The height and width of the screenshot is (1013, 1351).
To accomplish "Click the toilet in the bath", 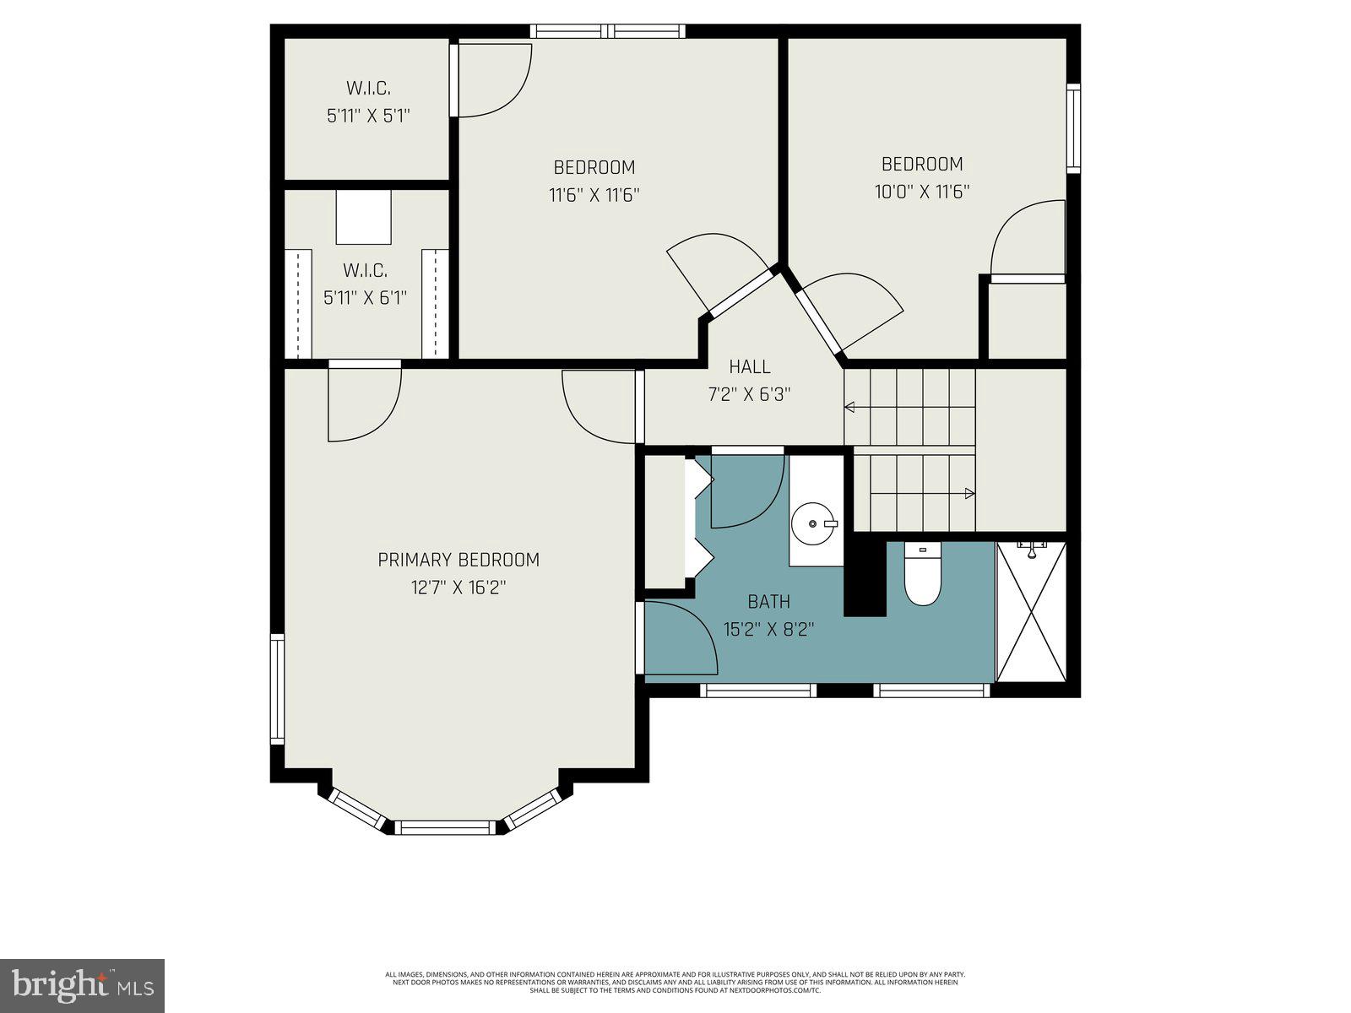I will (922, 576).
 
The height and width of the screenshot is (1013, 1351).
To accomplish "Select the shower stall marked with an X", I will (1031, 612).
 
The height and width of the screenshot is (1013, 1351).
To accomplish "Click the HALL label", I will (750, 366).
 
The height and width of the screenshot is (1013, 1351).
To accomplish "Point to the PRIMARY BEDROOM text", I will (458, 560).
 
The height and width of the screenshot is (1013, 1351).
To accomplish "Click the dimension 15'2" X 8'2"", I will (768, 630).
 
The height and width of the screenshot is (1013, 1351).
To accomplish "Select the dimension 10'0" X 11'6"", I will (921, 192).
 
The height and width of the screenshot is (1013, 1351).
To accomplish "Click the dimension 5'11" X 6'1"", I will (365, 298).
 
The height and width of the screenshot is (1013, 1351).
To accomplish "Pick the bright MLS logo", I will (82, 985).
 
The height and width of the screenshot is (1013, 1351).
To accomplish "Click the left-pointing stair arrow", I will (849, 408).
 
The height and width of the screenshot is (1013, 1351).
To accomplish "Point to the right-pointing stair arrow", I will (969, 493).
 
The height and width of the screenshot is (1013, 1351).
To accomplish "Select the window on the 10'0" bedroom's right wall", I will (1073, 128).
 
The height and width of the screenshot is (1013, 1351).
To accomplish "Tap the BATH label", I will (768, 602).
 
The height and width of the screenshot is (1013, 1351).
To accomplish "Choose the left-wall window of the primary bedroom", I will (277, 689).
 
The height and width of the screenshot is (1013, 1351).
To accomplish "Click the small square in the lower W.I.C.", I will (364, 217).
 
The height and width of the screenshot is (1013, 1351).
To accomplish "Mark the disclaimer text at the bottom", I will (675, 982).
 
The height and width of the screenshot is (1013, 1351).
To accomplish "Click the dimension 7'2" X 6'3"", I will (750, 394).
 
